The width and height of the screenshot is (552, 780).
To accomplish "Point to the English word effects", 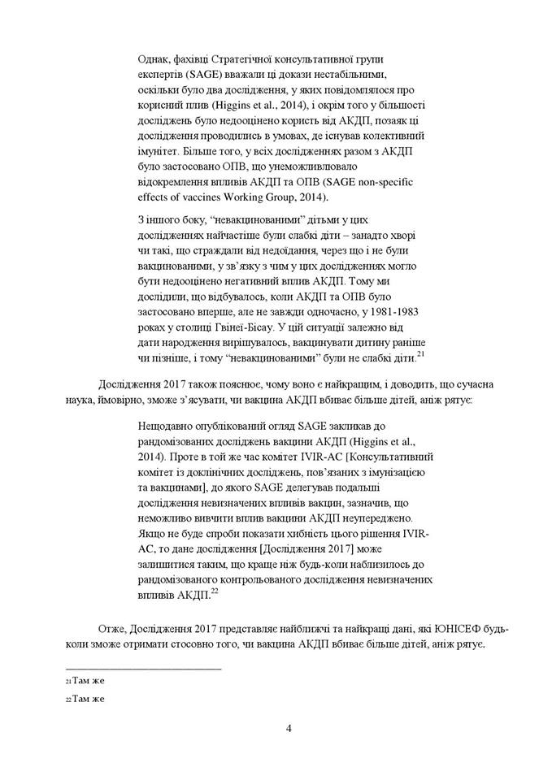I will coord(154,197).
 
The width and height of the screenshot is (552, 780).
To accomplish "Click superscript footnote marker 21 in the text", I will coord(419,352).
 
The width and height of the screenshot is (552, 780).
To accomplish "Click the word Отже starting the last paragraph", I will coord(111,628).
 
